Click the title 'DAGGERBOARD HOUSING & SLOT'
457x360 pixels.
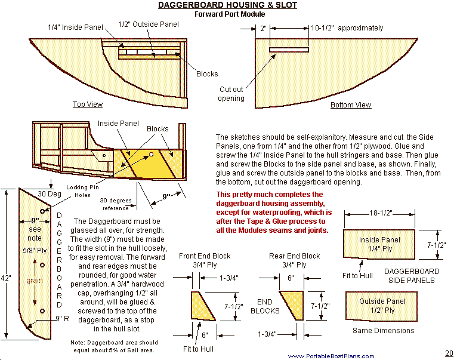pyautogui.click(x=227, y=5)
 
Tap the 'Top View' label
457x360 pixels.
pyautogui.click(x=88, y=104)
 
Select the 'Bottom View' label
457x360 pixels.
pyautogui.click(x=351, y=105)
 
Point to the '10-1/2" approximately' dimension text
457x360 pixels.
pyautogui.click(x=347, y=28)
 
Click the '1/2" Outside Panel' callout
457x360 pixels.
pyautogui.click(x=149, y=24)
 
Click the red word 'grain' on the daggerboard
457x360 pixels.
pyautogui.click(x=34, y=279)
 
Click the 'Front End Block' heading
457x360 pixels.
pyautogui.click(x=205, y=256)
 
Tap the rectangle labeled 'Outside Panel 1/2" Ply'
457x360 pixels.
pyautogui.click(x=379, y=305)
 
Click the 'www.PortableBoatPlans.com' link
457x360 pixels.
pyautogui.click(x=331, y=356)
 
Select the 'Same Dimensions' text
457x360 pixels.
pyautogui.click(x=383, y=330)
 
